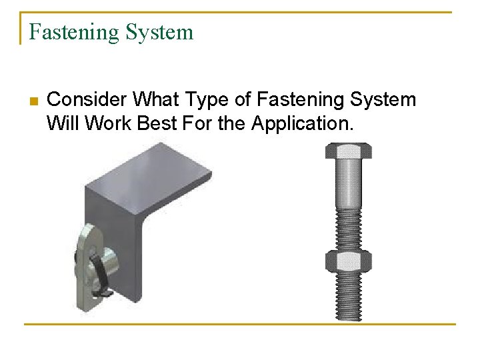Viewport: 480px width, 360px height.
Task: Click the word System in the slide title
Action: pos(163,33)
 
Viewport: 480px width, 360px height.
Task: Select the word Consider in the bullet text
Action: pos(87,100)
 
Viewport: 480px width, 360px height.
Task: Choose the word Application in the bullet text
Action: pos(300,123)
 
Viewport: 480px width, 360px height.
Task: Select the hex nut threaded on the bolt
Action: pos(349,261)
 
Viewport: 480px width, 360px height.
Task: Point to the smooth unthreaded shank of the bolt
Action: pos(349,183)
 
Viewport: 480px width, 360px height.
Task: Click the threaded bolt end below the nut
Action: pos(349,297)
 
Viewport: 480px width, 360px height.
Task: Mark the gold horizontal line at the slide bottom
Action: pos(240,325)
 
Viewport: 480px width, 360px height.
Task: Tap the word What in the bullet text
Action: pos(154,100)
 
